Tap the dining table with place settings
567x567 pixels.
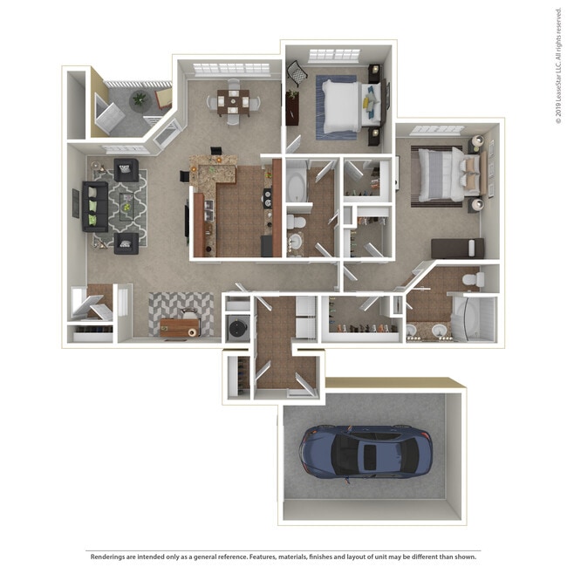click(233, 103)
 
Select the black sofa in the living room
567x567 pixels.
click(95, 206)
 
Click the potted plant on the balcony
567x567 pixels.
click(140, 99)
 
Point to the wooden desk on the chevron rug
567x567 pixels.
click(180, 328)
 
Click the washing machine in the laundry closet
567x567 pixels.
click(238, 328)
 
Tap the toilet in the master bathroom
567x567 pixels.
click(473, 279)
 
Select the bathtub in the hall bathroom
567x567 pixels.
click(297, 187)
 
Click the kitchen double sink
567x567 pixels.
click(210, 211)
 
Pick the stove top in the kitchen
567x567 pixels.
click(267, 199)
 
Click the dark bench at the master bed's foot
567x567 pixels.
click(457, 249)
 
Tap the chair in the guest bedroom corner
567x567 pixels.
click(297, 73)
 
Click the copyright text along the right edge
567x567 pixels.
click(558, 65)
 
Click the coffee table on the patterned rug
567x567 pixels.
click(126, 208)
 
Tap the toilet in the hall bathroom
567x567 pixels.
click(296, 222)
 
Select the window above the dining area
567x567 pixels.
click(232, 70)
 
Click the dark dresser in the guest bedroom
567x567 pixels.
click(292, 108)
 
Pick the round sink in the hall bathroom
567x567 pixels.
click(297, 241)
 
